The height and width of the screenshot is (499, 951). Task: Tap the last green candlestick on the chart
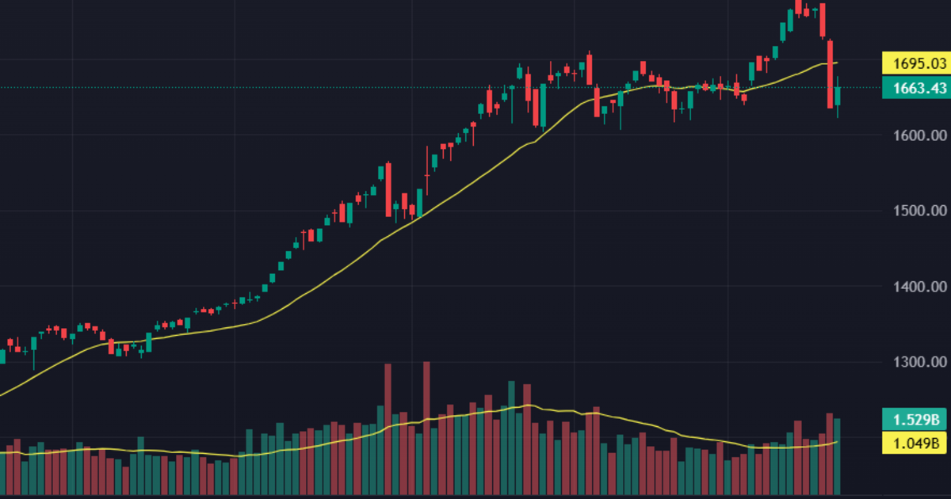point(838,96)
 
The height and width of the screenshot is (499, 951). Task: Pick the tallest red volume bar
point(426,428)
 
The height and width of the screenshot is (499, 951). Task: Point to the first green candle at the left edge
point(2,356)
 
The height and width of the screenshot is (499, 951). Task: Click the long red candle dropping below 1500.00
point(388,190)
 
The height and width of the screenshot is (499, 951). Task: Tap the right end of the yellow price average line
point(837,63)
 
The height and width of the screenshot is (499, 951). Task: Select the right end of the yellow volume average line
point(837,442)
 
